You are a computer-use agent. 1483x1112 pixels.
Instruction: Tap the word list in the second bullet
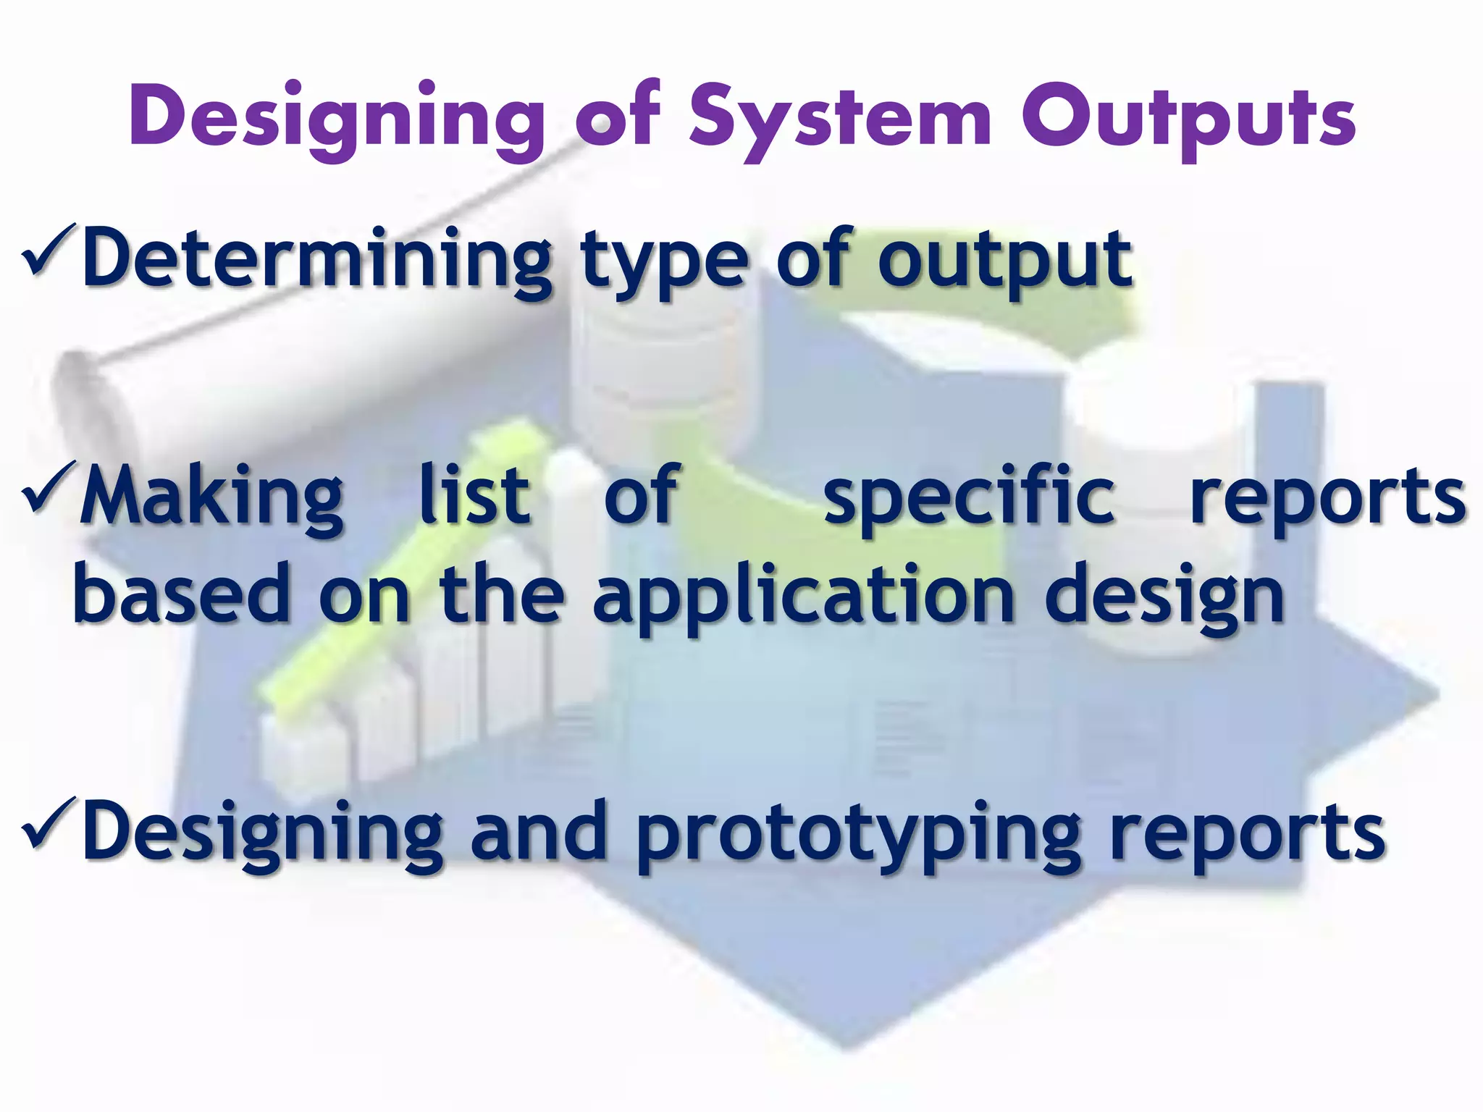(x=474, y=496)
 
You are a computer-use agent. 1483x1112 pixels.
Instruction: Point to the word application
(x=804, y=597)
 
